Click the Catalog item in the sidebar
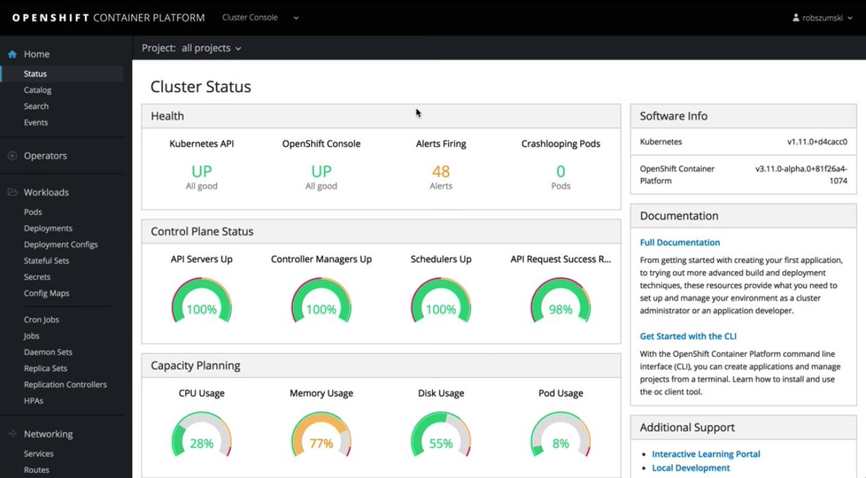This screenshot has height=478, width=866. [38, 90]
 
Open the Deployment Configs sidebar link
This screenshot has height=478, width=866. [61, 244]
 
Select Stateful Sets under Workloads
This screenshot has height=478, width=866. [46, 260]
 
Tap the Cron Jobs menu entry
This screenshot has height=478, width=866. [41, 319]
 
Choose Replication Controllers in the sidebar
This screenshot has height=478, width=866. [65, 384]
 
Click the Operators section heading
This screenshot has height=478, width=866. [45, 156]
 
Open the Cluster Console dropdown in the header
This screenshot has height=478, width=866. [260, 17]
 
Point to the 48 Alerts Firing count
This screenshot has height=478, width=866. [441, 172]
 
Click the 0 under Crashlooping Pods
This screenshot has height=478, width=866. [561, 172]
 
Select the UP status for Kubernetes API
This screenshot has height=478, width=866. [201, 172]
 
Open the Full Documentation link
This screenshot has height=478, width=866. [680, 242]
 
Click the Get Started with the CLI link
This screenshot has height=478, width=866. [688, 336]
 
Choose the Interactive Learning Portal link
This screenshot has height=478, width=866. [706, 454]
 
